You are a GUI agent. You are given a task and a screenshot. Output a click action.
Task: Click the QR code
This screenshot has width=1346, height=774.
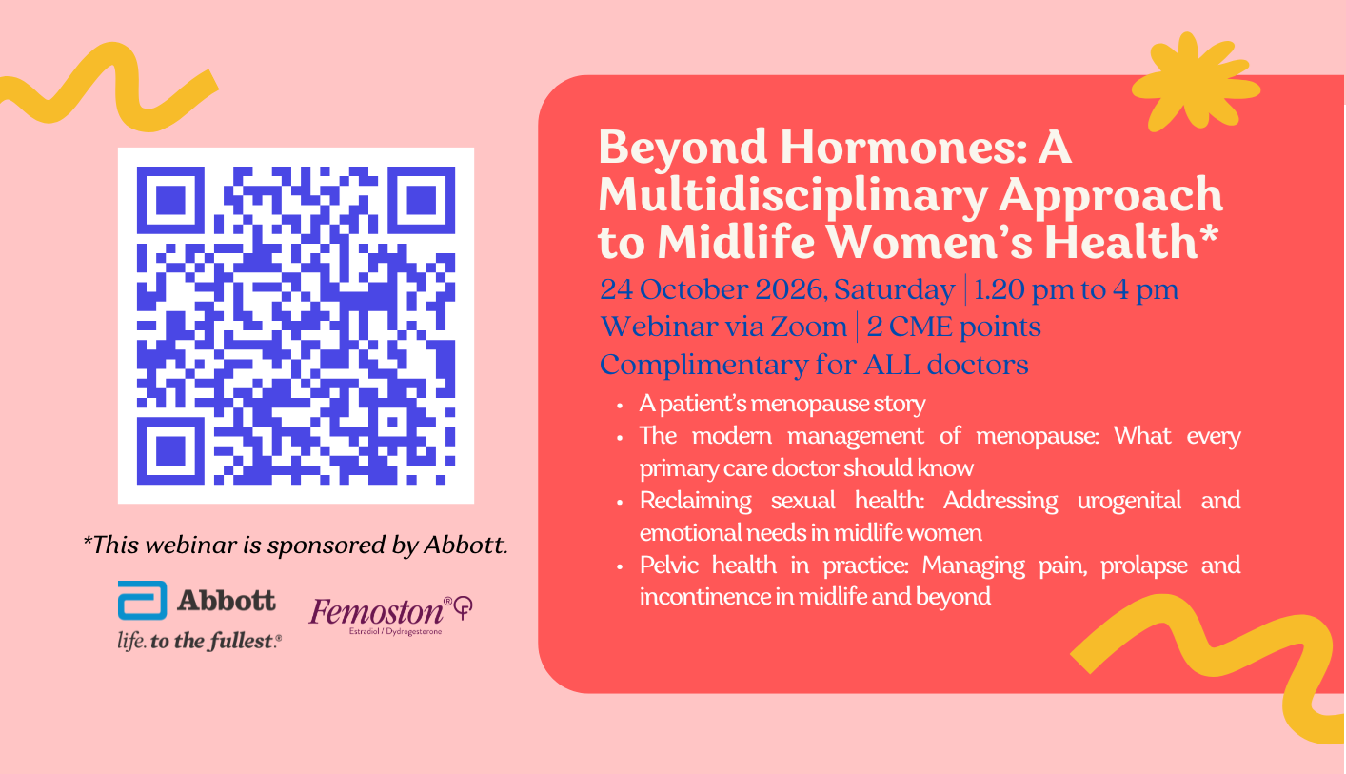coord(296,325)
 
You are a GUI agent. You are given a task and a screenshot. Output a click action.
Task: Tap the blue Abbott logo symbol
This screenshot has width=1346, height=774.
coord(143,601)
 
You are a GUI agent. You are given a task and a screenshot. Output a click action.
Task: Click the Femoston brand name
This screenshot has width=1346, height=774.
coord(376,612)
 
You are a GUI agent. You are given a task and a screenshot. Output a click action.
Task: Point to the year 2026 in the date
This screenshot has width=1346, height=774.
coord(789,289)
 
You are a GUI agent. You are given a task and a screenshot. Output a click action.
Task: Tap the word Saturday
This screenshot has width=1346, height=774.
coord(894,290)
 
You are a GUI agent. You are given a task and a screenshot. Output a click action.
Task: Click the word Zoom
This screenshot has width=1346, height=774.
coord(808,327)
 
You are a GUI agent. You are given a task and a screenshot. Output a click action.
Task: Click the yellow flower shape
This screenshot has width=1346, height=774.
coord(1195,83)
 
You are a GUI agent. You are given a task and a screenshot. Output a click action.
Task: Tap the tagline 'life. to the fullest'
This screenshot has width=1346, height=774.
coord(200,642)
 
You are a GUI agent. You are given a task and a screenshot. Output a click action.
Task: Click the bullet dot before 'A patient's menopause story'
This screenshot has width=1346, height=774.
coord(620,406)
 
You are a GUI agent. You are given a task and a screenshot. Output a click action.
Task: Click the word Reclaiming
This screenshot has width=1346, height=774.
coord(695,501)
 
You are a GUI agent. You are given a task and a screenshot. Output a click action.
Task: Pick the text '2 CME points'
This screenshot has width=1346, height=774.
coord(954,327)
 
